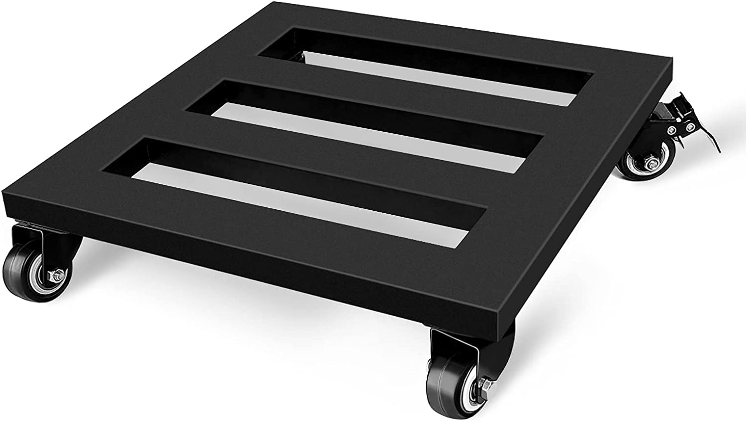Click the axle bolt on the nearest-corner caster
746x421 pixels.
tap(483, 384)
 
